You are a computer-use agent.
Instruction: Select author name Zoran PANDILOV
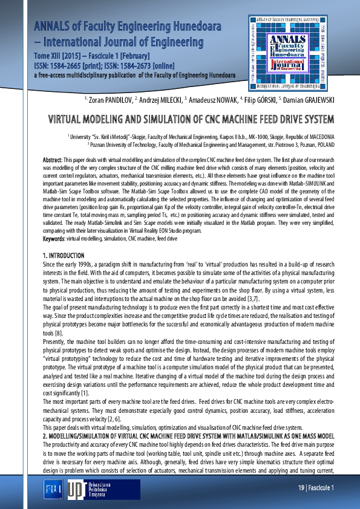tap(109, 99)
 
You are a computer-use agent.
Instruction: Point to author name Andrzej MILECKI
tap(159, 99)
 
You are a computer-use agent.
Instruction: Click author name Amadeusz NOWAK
tap(212, 99)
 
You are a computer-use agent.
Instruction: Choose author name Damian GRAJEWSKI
tap(309, 99)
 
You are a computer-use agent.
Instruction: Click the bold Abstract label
tap(53, 159)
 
